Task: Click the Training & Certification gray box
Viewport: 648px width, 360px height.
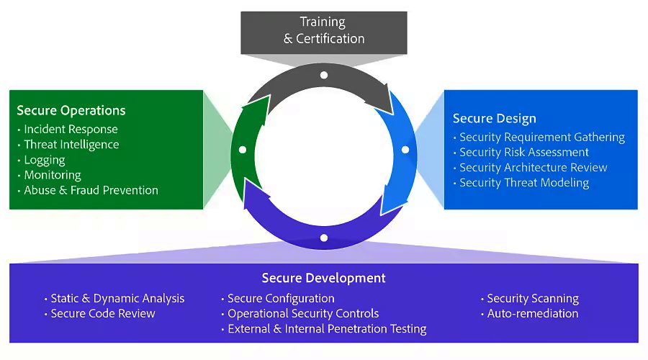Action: [x=324, y=32]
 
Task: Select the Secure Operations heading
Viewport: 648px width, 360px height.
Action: [x=71, y=110]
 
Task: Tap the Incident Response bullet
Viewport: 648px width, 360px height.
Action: [x=71, y=129]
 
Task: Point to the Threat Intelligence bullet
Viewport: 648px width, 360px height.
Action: [x=71, y=144]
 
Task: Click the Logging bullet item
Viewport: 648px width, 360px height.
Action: [x=45, y=160]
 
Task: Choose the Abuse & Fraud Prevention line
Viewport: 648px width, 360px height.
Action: [x=91, y=190]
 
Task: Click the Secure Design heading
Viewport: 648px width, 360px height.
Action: [x=494, y=119]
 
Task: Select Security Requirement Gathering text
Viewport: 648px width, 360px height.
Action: [x=542, y=138]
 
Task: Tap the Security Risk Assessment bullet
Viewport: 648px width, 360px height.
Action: [x=524, y=152]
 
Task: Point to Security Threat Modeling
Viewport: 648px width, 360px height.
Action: [x=524, y=183]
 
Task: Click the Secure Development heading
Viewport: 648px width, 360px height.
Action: [x=324, y=278]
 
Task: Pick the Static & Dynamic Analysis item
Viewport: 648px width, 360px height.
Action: [x=117, y=298]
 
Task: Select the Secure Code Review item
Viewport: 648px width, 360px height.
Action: [x=103, y=313]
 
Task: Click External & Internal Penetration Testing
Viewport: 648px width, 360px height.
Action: [x=327, y=329]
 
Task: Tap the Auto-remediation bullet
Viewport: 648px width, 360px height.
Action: [x=533, y=313]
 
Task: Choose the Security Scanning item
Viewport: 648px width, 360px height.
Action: [x=533, y=298]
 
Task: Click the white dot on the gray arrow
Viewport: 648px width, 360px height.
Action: [x=324, y=75]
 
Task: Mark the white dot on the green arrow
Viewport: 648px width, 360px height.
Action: [x=243, y=150]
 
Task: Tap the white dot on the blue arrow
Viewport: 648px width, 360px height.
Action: [x=405, y=150]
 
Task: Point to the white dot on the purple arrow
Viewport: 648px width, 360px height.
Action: [x=324, y=238]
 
